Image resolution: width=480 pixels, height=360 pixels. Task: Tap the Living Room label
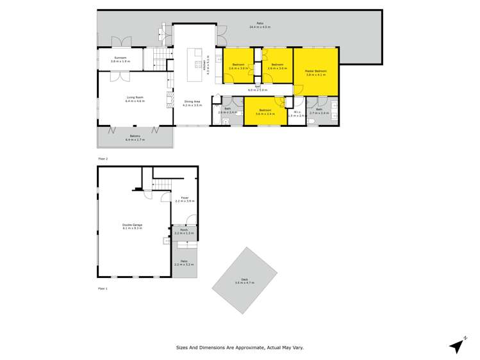coord(135,97)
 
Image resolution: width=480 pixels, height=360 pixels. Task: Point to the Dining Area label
coord(192,101)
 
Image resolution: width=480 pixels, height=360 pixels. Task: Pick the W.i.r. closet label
coord(296,112)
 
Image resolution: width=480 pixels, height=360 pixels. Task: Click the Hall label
coord(258,86)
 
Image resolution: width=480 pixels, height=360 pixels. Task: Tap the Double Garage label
coord(133,225)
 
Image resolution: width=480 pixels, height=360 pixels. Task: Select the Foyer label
coord(185,198)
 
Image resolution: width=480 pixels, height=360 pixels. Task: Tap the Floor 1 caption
coord(103,289)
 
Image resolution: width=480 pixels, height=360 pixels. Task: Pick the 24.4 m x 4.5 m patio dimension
coord(259,26)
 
